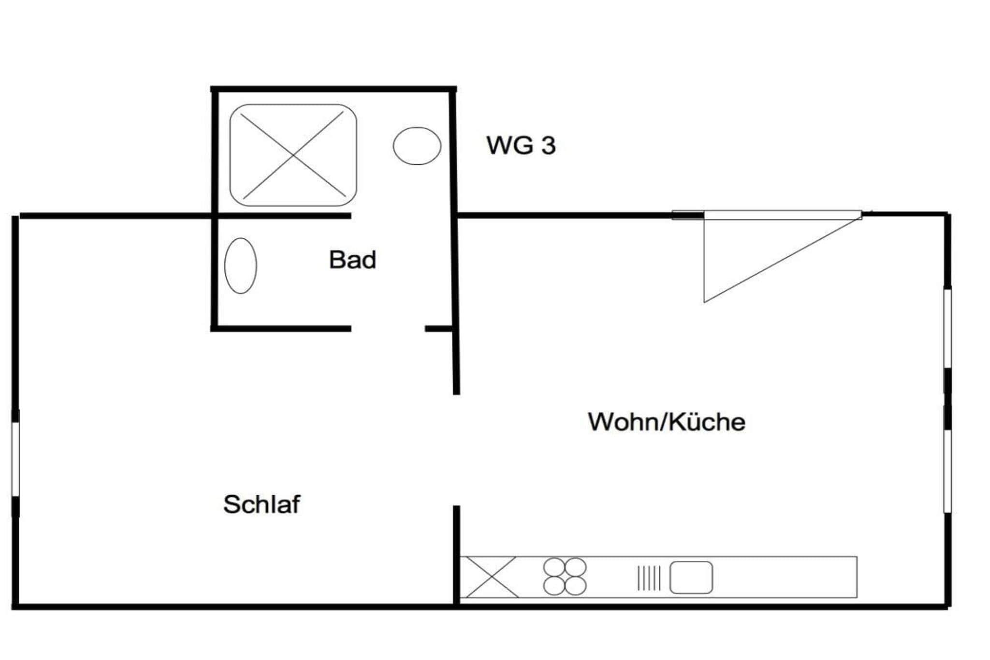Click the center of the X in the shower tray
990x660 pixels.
293,155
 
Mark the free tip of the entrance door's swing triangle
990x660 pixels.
704,302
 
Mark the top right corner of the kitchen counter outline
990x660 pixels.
857,557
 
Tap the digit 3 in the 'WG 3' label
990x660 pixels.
548,145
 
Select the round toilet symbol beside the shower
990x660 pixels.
417,146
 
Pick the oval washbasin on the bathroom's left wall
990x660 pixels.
241,265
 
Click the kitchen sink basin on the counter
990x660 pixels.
691,577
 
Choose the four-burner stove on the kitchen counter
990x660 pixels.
565,577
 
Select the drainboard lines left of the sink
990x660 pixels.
649,577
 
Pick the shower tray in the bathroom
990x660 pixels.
293,155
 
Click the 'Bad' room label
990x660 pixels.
352,260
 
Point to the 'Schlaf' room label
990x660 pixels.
262,504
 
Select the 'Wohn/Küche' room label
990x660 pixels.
667,422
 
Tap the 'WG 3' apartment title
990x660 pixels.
521,145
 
